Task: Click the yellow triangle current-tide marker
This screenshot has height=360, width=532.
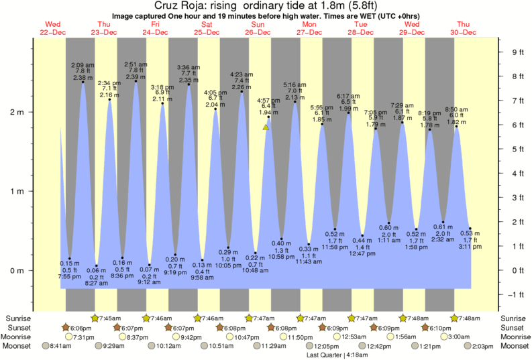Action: click(266, 126)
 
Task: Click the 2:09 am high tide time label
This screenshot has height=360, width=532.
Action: click(83, 65)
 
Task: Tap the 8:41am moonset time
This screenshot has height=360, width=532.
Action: click(59, 346)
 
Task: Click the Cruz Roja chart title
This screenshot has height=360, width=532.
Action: click(266, 5)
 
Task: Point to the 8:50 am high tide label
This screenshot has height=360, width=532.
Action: click(458, 109)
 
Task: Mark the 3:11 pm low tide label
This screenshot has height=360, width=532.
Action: click(470, 247)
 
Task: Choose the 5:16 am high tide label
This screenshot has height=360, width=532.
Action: click(295, 85)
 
